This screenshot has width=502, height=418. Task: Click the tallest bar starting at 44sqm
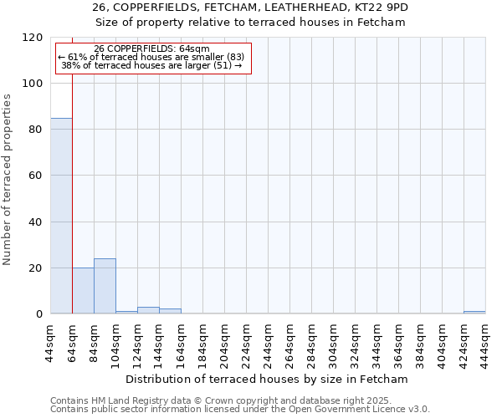[61, 216]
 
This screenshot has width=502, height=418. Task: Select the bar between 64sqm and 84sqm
[83, 291]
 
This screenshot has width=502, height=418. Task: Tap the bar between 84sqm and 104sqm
[105, 286]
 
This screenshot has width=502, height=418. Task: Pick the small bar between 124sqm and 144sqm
[148, 311]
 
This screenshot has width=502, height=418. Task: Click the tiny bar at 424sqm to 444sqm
[474, 313]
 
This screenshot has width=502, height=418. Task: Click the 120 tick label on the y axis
[33, 38]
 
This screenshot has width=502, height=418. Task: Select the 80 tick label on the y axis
[36, 130]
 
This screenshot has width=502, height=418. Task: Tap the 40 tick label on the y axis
[36, 222]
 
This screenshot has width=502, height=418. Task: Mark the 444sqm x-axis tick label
[486, 340]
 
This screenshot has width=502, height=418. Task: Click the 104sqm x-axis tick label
[116, 340]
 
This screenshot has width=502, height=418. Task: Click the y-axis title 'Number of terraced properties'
[8, 179]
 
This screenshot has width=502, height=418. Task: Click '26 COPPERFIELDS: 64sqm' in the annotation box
[152, 49]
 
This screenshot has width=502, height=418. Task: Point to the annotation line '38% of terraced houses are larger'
[151, 65]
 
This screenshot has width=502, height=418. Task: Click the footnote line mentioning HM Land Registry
[239, 400]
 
